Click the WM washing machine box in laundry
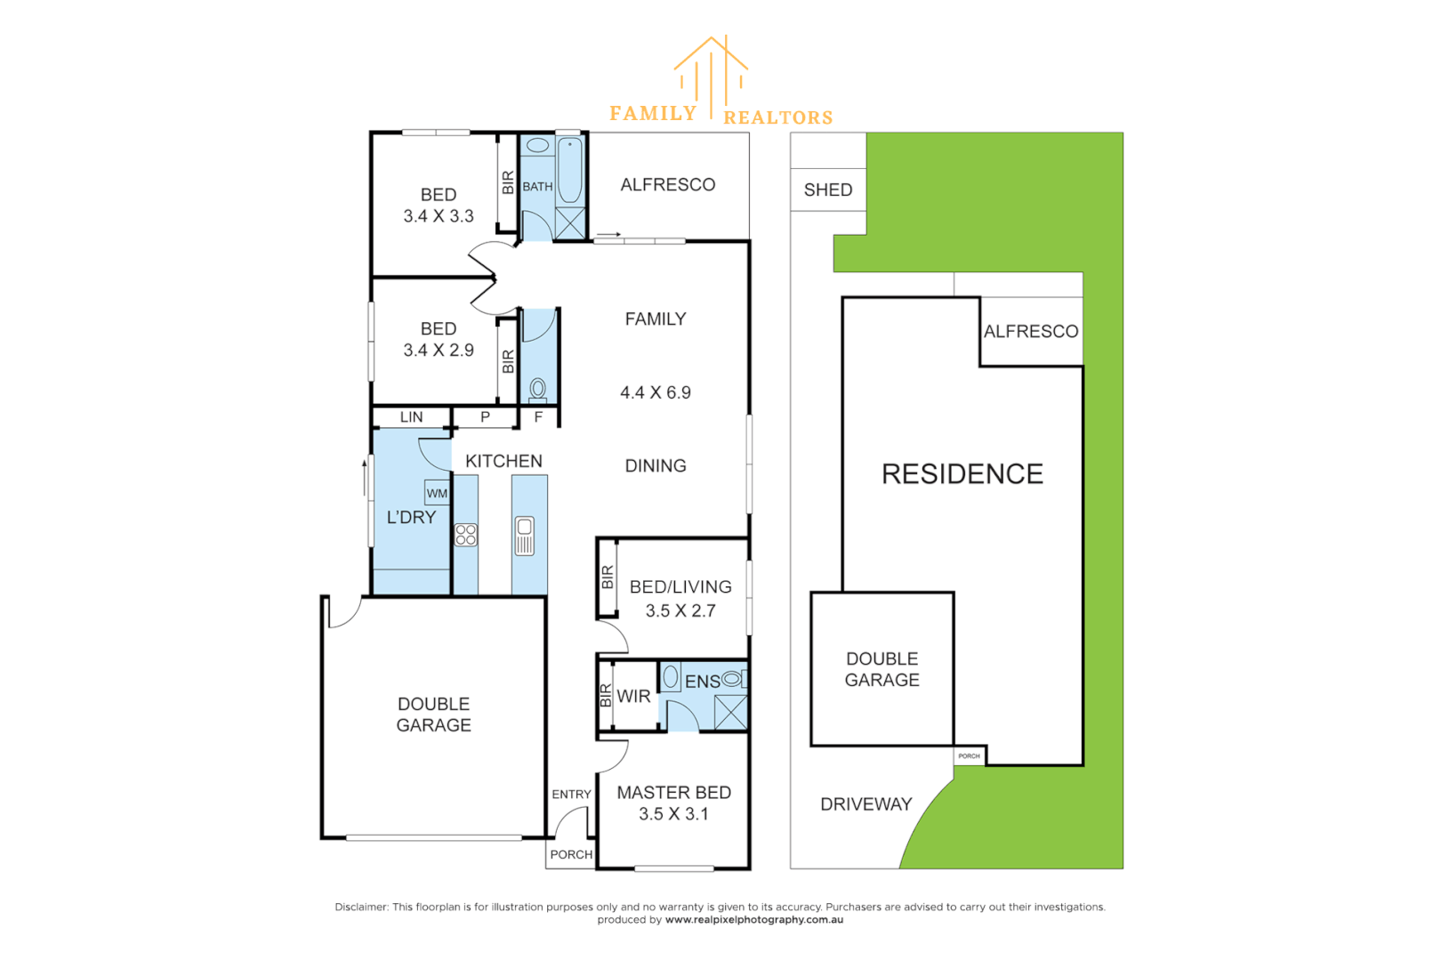click(x=437, y=493)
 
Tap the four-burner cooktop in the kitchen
click(x=466, y=535)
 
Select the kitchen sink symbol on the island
click(x=525, y=536)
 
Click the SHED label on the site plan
click(x=828, y=190)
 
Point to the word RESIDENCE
click(x=962, y=474)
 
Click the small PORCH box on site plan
click(x=969, y=755)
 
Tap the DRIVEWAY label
click(x=865, y=804)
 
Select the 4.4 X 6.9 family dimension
click(x=656, y=392)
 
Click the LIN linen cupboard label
click(x=412, y=416)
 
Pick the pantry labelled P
click(x=485, y=416)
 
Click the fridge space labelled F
click(x=538, y=416)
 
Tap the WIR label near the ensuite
click(x=633, y=697)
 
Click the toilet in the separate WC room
click(x=538, y=388)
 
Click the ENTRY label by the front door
click(x=571, y=795)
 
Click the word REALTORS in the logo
click(x=778, y=117)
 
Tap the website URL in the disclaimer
click(x=753, y=920)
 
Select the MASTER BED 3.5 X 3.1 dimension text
click(x=673, y=814)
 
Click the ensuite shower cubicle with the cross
click(x=730, y=713)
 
